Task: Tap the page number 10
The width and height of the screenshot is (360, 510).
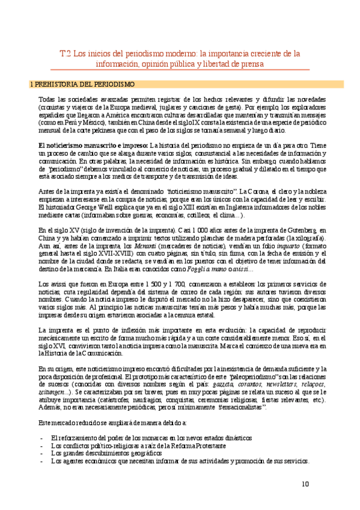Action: (x=305, y=483)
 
